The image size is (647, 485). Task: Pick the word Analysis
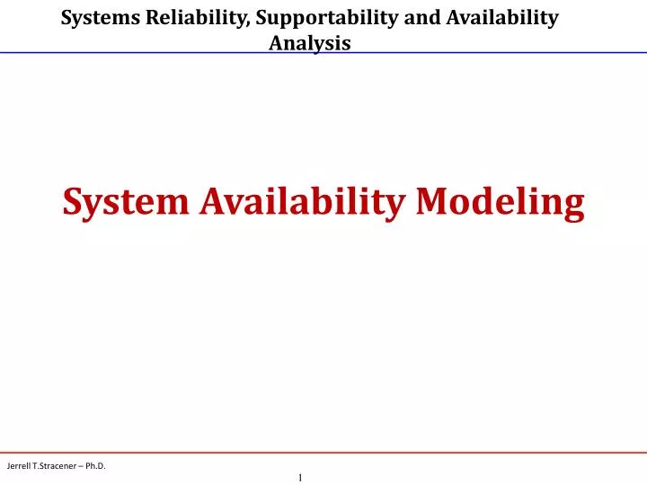(310, 42)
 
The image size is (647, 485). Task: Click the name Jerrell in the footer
(20, 465)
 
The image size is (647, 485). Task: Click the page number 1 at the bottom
(299, 478)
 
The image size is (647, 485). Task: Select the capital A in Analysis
(277, 42)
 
